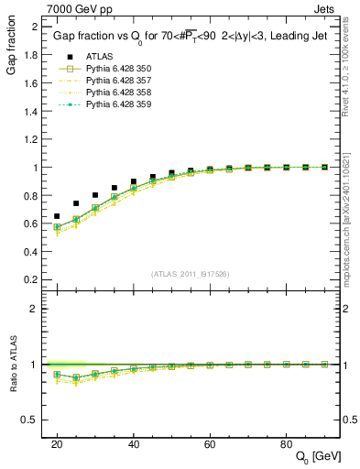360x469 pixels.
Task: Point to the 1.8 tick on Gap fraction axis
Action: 31,54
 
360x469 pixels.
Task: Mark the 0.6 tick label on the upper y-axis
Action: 31,224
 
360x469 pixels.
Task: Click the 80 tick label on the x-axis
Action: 286,443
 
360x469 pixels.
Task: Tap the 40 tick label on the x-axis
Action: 134,443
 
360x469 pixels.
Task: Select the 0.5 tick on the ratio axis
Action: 31,420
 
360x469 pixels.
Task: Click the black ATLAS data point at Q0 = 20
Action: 57,216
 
